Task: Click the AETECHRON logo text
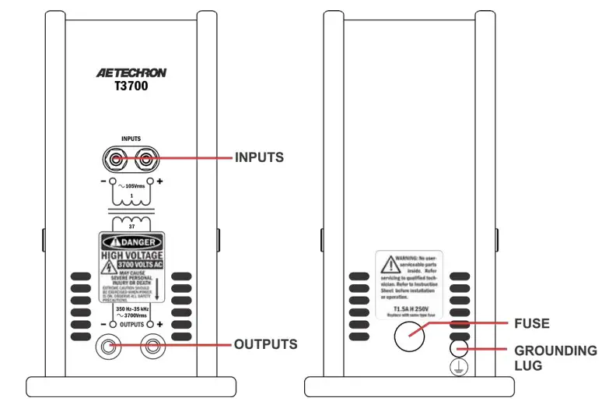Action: pos(131,73)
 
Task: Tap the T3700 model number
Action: pos(130,87)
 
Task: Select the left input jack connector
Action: pos(115,160)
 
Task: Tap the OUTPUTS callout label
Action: pos(264,343)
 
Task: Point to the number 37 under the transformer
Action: pos(131,226)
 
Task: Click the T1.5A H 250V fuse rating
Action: pos(408,309)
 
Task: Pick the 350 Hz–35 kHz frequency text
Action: pos(130,309)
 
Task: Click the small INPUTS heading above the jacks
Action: pos(130,139)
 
